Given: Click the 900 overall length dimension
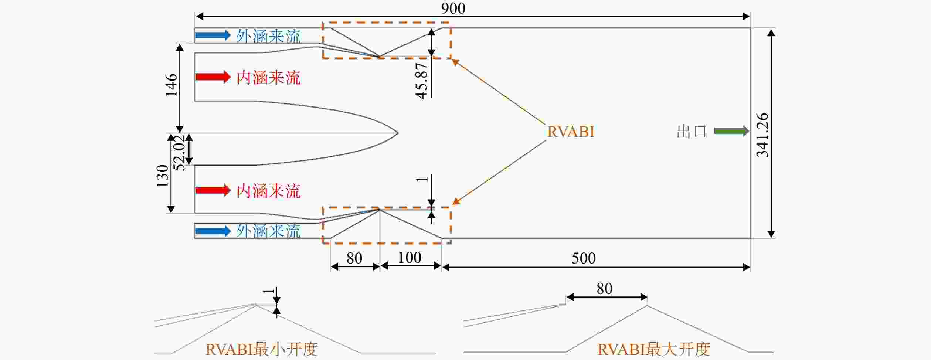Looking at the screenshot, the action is [453, 8].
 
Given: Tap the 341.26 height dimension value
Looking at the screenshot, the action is [762, 135].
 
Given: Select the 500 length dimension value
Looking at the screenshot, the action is [584, 258].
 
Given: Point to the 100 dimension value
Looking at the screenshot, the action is [410, 257].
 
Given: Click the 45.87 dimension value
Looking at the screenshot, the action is [422, 81].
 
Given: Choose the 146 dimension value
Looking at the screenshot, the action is [171, 85].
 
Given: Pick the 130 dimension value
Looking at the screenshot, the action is [162, 176].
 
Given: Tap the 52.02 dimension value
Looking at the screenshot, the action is [179, 153].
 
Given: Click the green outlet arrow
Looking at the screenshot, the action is [731, 131].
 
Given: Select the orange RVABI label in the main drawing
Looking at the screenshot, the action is [571, 132].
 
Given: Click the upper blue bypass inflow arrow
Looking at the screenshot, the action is [213, 35].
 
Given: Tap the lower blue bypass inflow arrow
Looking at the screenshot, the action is [213, 231].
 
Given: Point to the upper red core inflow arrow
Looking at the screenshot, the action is [213, 77].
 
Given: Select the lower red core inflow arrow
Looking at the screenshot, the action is [213, 190].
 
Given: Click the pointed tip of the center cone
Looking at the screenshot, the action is [398, 133].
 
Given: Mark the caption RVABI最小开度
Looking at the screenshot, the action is [261, 349].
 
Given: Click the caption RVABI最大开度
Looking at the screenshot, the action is [653, 349].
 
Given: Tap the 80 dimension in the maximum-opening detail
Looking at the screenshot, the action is [604, 289].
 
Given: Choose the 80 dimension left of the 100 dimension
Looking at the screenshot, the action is [354, 258].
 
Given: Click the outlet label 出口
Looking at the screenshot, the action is [692, 132].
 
